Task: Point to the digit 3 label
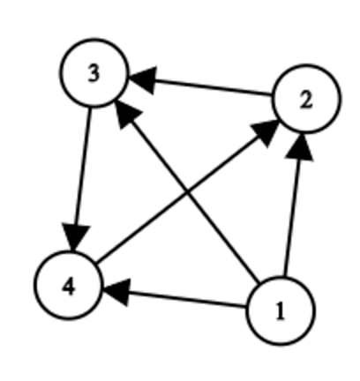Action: [94, 73]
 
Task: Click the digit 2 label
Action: [306, 101]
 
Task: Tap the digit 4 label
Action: [69, 287]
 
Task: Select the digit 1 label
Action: [281, 311]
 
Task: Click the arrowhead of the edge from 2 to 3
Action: [142, 80]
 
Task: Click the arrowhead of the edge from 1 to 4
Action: [116, 291]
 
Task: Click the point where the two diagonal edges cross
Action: [186, 193]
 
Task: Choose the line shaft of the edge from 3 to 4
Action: [83, 167]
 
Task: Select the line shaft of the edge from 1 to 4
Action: [187, 300]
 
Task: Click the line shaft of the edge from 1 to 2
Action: [291, 218]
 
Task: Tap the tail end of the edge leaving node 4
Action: [97, 263]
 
